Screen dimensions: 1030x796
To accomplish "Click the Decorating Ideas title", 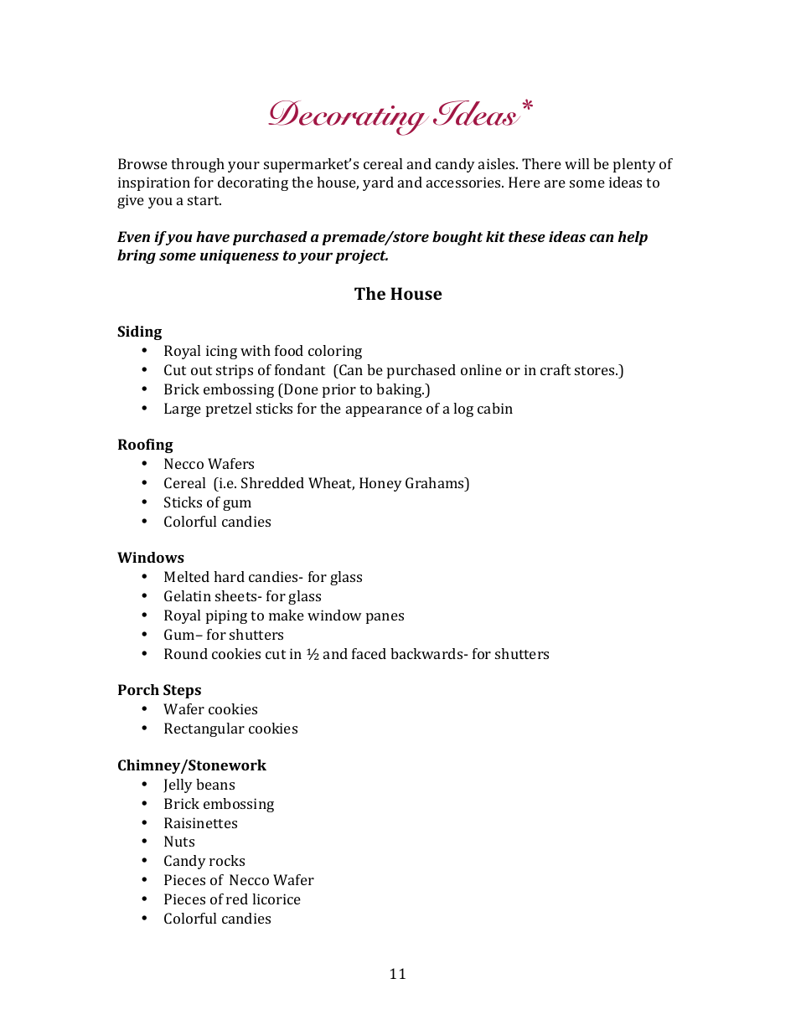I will (392, 116).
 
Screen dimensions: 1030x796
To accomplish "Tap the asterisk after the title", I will (526, 106).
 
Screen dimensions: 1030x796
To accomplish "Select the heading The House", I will (398, 294).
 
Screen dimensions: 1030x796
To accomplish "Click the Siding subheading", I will (139, 332).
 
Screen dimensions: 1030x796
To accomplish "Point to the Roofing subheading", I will (145, 445).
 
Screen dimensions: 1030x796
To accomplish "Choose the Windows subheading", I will (151, 558).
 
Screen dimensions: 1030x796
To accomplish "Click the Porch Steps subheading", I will (159, 690).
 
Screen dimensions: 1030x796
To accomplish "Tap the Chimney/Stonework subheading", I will (192, 765).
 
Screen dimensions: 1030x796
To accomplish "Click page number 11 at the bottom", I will (397, 974).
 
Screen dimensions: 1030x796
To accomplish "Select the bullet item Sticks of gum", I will (207, 502).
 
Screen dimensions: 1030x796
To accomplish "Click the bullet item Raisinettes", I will (200, 823).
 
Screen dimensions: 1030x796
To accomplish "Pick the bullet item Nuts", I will (179, 842).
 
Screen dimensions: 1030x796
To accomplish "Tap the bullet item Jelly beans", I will (199, 785).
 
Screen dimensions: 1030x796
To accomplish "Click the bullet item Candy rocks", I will (204, 861).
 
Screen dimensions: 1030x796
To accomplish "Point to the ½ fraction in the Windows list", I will (312, 654).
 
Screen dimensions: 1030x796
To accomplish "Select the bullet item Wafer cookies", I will (210, 709).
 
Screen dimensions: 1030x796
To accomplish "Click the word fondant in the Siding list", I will (299, 370).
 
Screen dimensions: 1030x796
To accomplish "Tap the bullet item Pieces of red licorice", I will (232, 899).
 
